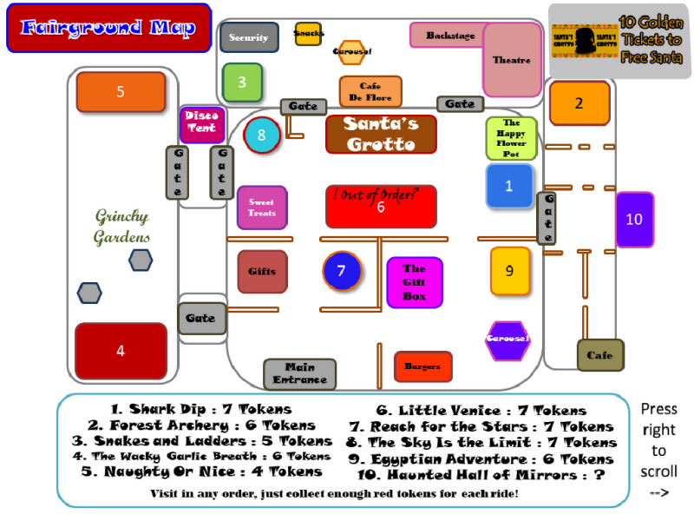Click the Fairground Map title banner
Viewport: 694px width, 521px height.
(108, 28)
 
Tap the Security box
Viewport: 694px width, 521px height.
(249, 37)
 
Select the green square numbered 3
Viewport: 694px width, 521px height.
(242, 82)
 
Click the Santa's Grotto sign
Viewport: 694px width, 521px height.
(381, 134)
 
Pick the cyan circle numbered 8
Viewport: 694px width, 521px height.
(261, 135)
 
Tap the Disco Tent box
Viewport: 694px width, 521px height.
(201, 124)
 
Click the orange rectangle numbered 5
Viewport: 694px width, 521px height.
(121, 92)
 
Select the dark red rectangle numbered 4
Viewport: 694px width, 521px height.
(121, 351)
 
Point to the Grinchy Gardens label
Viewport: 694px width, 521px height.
(121, 227)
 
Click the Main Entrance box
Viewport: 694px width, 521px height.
(299, 374)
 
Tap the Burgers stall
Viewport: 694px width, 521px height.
(422, 366)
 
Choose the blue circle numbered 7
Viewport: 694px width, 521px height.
(341, 271)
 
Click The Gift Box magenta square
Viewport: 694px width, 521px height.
(414, 282)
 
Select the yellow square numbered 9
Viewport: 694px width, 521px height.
(509, 271)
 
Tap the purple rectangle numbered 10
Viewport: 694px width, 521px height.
(634, 220)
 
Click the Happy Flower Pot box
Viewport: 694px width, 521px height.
(511, 138)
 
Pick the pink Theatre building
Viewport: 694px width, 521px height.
(512, 59)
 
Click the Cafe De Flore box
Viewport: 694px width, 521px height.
(370, 92)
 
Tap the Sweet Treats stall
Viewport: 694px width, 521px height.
(261, 208)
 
